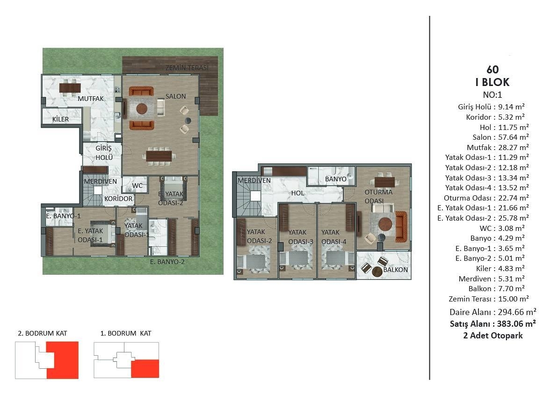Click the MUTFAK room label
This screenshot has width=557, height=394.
(x=91, y=99)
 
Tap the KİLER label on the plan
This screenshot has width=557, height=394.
(x=60, y=119)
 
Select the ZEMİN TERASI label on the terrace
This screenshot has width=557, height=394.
(x=187, y=68)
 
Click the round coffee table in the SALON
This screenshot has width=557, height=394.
(x=141, y=108)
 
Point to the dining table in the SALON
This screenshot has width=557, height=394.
(x=159, y=156)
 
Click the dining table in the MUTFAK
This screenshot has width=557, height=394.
(x=70, y=87)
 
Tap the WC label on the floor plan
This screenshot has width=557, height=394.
(x=137, y=186)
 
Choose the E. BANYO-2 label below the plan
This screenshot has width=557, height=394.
(x=167, y=262)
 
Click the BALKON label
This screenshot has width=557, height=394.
(x=395, y=270)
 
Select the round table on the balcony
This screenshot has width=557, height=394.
(x=377, y=272)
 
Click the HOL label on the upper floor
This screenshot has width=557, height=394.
(x=297, y=193)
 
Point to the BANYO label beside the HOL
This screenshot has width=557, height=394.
(x=335, y=179)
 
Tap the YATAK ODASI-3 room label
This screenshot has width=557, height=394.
(x=301, y=237)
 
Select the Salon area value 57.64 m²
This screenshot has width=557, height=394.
(x=514, y=137)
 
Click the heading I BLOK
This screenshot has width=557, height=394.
(x=492, y=82)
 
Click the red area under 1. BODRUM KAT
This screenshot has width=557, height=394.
(x=145, y=368)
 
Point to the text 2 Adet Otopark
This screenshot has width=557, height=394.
(x=493, y=336)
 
